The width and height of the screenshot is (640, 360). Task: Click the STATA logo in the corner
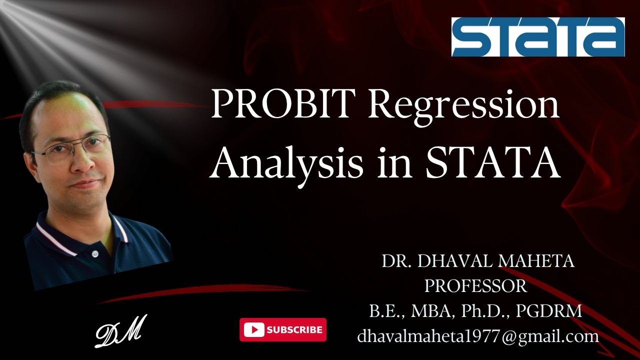click(538, 37)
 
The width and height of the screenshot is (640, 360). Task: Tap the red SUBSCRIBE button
click(283, 329)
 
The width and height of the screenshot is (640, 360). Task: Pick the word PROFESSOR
click(475, 286)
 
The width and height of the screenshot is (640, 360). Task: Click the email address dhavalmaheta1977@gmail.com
click(478, 336)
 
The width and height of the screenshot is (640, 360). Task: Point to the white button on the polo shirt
click(94, 254)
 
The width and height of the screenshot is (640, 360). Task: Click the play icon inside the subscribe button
click(255, 329)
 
